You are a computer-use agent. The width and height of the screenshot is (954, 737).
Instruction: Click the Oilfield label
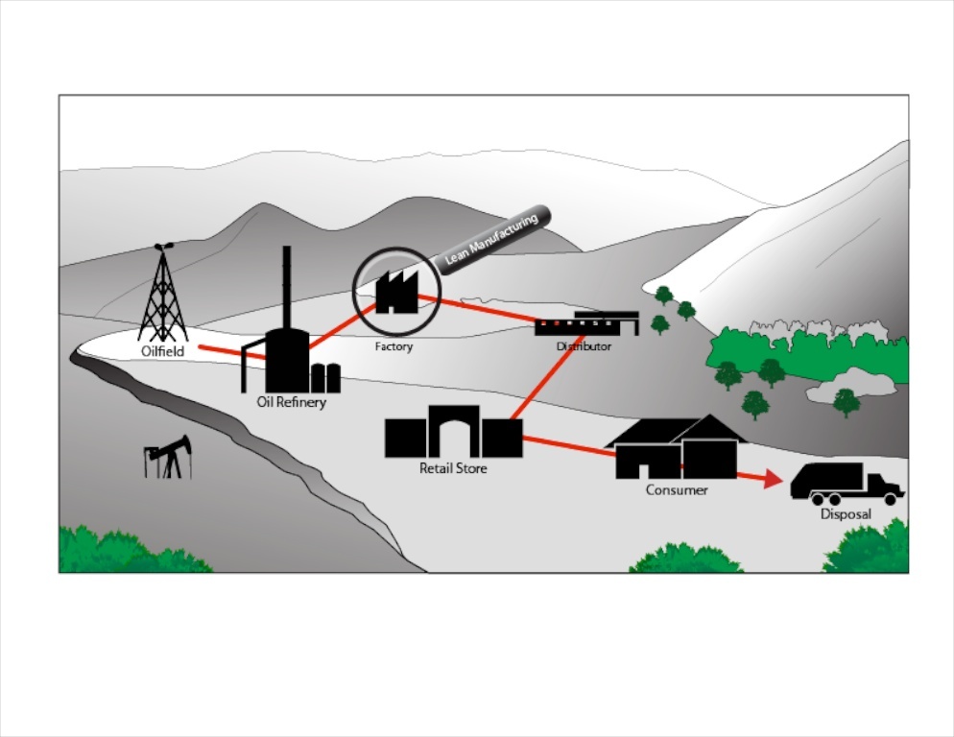coord(162,351)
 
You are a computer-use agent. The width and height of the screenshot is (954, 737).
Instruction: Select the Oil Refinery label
coord(292,402)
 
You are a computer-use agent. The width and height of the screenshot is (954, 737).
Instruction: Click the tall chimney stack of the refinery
coord(287,287)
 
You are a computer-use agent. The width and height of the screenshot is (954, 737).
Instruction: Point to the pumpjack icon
coord(167,458)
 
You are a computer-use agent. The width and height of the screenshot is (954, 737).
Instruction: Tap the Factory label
coord(394,346)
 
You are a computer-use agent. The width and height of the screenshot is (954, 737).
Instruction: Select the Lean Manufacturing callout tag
coord(492,240)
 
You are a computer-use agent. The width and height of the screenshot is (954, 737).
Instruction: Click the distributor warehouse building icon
coord(587,323)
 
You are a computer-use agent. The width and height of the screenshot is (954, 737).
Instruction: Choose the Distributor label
coord(584,346)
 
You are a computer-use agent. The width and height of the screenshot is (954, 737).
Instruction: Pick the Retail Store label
coord(453,468)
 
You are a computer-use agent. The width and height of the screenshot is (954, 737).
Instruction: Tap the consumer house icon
coord(676,447)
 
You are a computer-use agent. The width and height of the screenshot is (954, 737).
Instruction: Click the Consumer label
coord(677,490)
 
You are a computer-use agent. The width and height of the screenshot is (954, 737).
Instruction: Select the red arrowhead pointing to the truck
coord(774,479)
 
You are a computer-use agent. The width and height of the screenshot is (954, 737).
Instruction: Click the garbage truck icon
coord(847,484)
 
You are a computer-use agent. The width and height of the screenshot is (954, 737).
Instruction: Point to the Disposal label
coord(846,514)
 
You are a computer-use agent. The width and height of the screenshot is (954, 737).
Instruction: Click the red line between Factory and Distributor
coord(478,309)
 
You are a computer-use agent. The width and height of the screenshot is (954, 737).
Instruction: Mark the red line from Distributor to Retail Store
coord(546,377)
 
